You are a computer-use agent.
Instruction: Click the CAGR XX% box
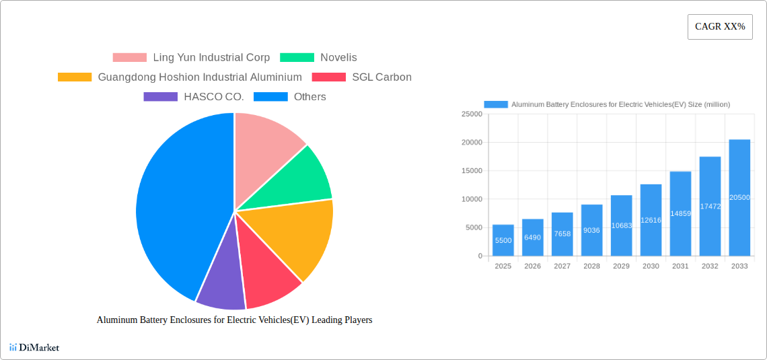[720, 27]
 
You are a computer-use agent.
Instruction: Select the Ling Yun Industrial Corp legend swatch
[129, 58]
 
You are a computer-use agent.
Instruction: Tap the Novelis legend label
[338, 58]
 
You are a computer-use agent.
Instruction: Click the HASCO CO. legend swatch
[160, 97]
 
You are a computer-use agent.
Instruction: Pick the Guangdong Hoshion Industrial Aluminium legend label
[200, 77]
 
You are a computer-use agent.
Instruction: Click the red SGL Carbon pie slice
[269, 276]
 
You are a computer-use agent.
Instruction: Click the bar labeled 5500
[503, 240]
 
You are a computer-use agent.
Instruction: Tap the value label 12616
[651, 220]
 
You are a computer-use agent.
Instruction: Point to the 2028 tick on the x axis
[591, 266]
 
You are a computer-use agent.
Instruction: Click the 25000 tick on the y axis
[472, 114]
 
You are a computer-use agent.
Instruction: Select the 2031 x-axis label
[680, 266]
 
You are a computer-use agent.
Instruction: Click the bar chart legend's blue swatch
[496, 104]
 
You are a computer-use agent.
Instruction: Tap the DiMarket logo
[34, 347]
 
